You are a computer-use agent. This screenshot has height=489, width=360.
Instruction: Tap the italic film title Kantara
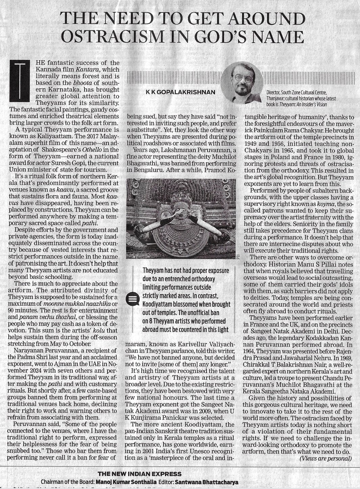tap(82, 69)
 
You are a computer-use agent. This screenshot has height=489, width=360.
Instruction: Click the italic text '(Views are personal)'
tap(326, 459)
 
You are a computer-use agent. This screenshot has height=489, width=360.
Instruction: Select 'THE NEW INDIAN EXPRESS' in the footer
tap(139, 474)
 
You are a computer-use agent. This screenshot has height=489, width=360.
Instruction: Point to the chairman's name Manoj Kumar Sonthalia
tap(124, 482)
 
